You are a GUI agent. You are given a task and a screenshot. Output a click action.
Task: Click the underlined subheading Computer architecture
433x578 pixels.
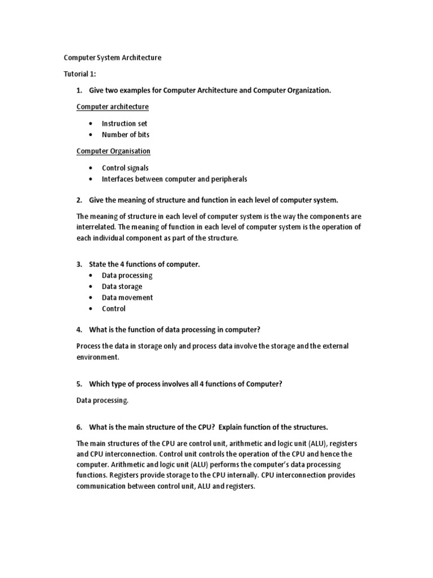tap(113, 107)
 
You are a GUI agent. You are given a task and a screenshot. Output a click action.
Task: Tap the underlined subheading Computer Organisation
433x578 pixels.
tap(113, 151)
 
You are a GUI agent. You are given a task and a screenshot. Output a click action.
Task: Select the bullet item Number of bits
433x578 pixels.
tap(125, 135)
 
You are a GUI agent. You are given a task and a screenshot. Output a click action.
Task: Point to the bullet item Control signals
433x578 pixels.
tap(125, 168)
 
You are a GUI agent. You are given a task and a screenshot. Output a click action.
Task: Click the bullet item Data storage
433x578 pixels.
tap(122, 286)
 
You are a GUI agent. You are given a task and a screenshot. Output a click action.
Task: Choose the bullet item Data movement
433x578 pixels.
tap(127, 297)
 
